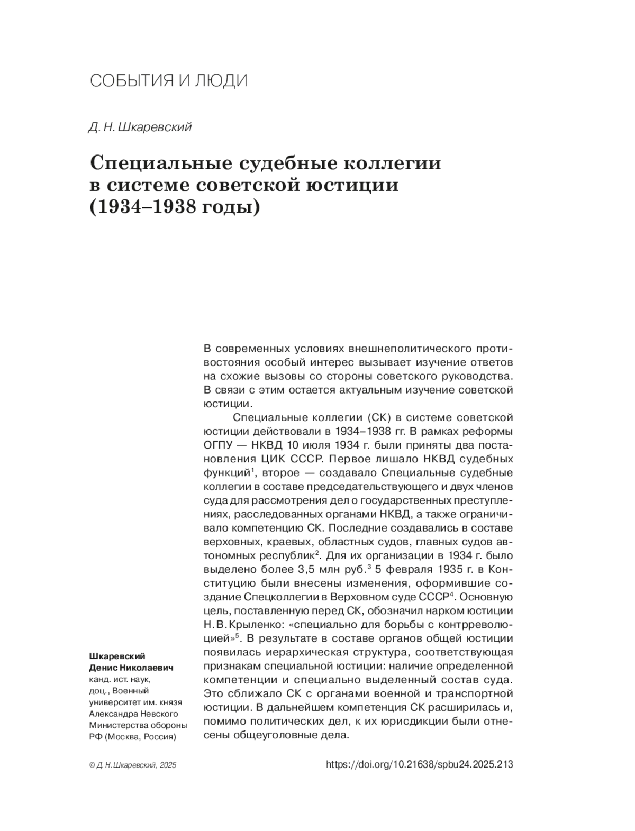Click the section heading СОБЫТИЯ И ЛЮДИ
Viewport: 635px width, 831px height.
point(169,81)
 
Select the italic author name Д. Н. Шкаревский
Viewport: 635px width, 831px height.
point(140,127)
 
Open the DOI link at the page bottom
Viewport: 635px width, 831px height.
point(420,764)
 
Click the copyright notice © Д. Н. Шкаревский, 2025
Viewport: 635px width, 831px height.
point(133,765)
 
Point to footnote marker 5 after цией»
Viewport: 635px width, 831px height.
point(238,635)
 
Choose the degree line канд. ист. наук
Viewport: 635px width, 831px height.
point(121,679)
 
